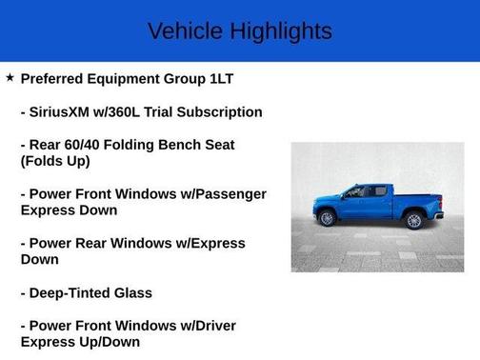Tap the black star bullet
10,77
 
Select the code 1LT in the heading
245,78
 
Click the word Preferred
56,78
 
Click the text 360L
139,111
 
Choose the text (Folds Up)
55,161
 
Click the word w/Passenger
222,193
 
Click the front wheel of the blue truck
327,219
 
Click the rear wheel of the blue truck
413,220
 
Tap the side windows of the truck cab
367,191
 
